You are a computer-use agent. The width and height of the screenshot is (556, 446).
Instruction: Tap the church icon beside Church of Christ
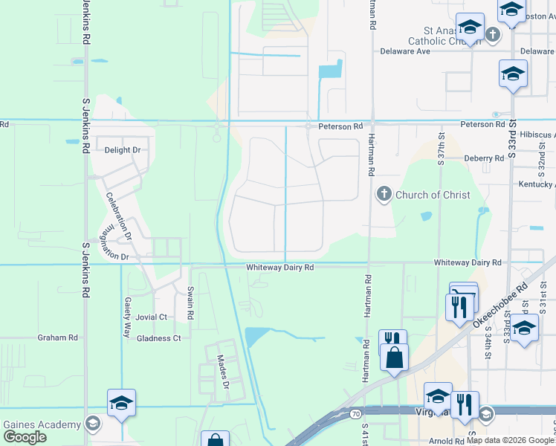pyautogui.click(x=384, y=195)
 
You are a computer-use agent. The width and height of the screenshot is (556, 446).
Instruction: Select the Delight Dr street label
pyautogui.click(x=123, y=150)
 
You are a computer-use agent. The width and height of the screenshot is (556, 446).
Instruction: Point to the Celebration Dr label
pyautogui.click(x=117, y=216)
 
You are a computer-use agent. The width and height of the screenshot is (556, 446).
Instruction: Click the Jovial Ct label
pyautogui.click(x=151, y=317)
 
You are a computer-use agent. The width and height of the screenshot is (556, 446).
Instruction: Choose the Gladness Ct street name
pyautogui.click(x=158, y=338)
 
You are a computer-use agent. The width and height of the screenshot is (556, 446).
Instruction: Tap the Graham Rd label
pyautogui.click(x=57, y=337)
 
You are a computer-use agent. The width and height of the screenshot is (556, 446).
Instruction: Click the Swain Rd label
pyautogui.click(x=190, y=304)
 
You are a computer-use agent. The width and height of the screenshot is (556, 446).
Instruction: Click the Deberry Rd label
pyautogui.click(x=484, y=158)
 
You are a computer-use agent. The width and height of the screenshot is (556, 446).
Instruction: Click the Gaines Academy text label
pyautogui.click(x=42, y=424)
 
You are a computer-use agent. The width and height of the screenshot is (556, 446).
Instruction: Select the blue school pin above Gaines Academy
pyautogui.click(x=121, y=404)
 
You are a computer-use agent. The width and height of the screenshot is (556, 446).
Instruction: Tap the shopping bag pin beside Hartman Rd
pyautogui.click(x=395, y=358)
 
